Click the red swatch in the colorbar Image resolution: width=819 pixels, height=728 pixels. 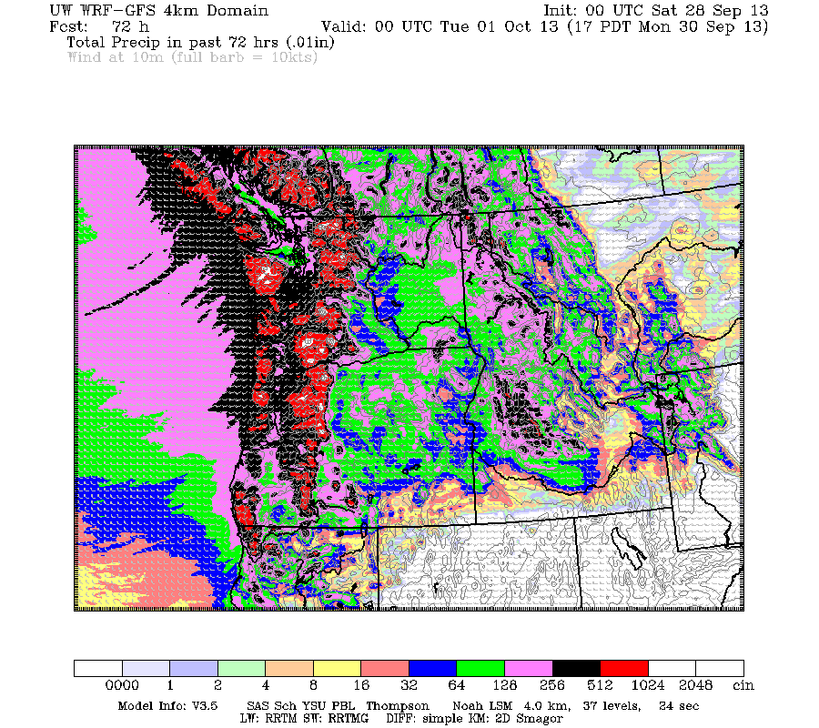[624, 668]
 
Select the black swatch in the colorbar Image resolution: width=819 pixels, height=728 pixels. [576, 668]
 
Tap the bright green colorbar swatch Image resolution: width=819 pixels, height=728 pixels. [480, 668]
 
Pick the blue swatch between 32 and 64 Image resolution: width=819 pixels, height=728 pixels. [432, 668]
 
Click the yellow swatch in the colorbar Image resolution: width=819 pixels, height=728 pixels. [337, 668]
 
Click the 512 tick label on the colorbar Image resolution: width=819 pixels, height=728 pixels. [601, 685]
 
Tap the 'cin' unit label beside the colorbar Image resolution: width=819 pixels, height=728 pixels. [743, 685]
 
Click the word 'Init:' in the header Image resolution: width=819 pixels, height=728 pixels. [563, 11]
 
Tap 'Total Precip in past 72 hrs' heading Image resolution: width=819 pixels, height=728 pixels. [164, 42]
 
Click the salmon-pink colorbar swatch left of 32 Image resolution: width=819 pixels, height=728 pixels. [384, 668]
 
